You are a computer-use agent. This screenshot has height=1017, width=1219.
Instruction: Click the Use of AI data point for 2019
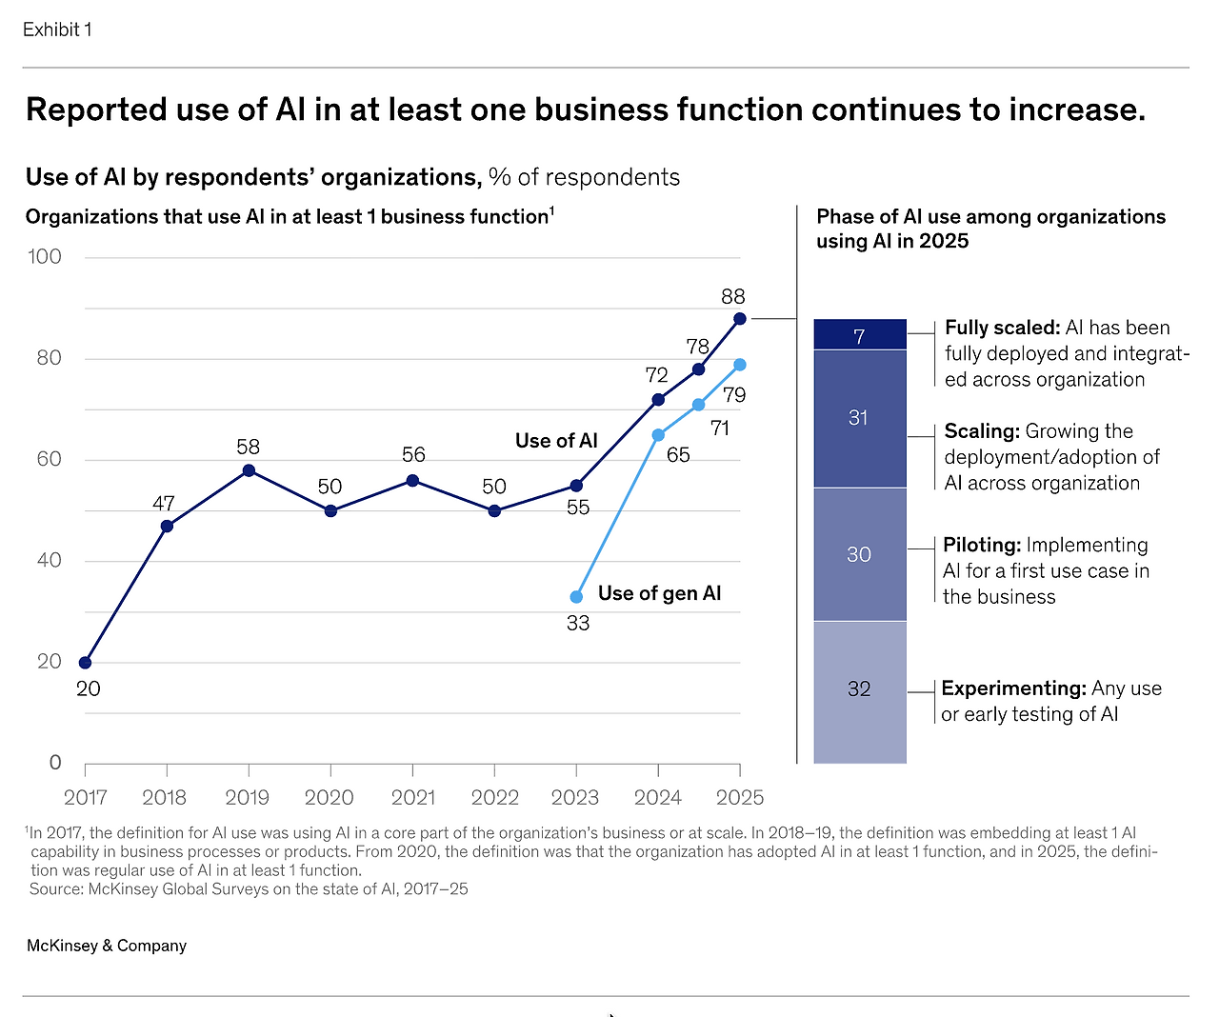[x=249, y=470]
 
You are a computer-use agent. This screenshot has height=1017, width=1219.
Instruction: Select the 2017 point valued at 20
[x=86, y=663]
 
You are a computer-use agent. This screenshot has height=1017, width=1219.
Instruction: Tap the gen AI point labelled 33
[x=576, y=597]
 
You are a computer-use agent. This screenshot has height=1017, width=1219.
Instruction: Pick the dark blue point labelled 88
[x=740, y=319]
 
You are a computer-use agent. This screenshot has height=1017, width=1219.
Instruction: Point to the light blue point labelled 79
[x=740, y=365]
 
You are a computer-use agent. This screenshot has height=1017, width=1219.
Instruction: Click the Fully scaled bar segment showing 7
[x=859, y=335]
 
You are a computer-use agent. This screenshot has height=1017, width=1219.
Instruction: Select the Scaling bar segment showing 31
[x=859, y=418]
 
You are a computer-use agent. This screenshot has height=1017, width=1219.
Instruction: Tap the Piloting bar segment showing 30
[x=859, y=554]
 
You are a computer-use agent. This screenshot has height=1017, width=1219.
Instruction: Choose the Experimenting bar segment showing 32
[x=859, y=689]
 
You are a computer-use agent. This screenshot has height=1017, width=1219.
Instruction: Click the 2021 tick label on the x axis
[x=412, y=798]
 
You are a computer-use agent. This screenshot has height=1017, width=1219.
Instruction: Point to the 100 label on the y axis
[x=45, y=257]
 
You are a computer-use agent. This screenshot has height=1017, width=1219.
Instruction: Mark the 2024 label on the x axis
[x=658, y=798]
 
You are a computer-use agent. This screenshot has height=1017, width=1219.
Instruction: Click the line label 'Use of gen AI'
[x=659, y=593]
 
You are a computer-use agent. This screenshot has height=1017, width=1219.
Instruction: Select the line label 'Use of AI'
[x=556, y=441]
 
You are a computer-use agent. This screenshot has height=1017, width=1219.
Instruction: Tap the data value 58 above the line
[x=249, y=448]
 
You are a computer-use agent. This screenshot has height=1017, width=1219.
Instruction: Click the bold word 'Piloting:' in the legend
[x=981, y=546]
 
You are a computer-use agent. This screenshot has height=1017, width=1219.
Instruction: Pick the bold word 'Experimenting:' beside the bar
[x=1013, y=688]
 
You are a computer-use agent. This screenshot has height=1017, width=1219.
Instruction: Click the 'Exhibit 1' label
[x=57, y=30]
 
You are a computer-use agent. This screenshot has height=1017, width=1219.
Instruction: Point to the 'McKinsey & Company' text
[x=107, y=946]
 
